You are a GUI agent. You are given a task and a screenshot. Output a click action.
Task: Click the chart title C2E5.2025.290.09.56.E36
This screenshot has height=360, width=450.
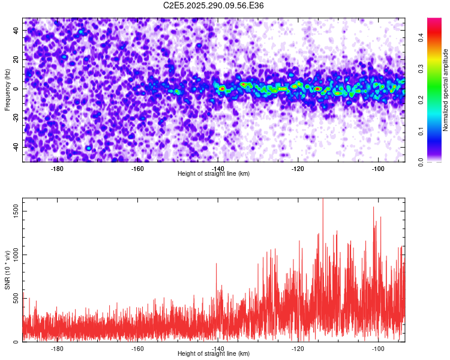[x=214, y=5]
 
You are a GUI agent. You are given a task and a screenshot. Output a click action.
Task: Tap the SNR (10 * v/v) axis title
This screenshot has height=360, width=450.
[x=7, y=270]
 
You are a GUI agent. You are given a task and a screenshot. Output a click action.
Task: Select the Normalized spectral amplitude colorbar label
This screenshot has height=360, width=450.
[x=446, y=90]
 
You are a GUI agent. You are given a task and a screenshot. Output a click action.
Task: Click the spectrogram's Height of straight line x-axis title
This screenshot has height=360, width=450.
[x=214, y=173]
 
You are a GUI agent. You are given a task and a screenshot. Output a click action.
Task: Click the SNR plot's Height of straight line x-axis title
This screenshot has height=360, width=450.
[x=214, y=353]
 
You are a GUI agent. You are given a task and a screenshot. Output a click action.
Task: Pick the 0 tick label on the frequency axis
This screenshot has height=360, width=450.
[x=17, y=89]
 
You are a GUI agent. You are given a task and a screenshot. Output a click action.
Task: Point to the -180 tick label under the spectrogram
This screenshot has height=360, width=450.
[x=58, y=168]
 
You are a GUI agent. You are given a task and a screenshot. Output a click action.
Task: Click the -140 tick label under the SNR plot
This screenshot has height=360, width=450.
[x=218, y=348]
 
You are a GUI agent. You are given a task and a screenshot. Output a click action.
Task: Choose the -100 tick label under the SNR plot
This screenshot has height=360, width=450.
[x=378, y=348]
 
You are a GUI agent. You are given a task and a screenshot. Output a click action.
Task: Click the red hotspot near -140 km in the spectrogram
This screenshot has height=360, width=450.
[x=222, y=89]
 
